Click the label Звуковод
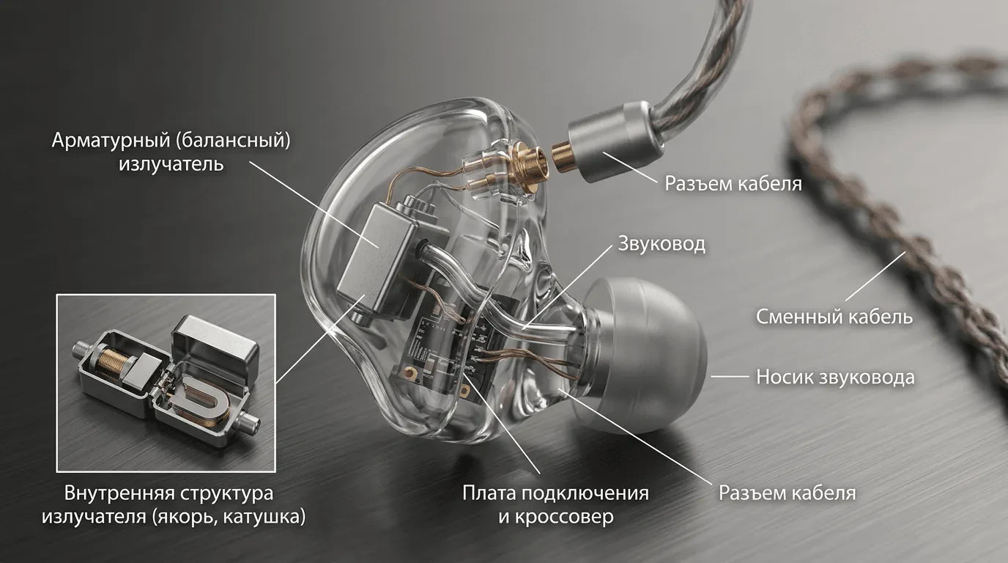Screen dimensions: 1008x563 pyautogui.click(x=661, y=243)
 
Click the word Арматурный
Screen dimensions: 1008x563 pyautogui.click(x=111, y=140)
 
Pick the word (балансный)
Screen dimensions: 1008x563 pyautogui.click(x=234, y=140)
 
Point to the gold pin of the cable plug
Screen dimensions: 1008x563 pyautogui.click(x=562, y=156)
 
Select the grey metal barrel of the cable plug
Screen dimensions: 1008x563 pyautogui.click(x=614, y=142)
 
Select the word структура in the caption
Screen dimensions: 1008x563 pyautogui.click(x=226, y=494)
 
